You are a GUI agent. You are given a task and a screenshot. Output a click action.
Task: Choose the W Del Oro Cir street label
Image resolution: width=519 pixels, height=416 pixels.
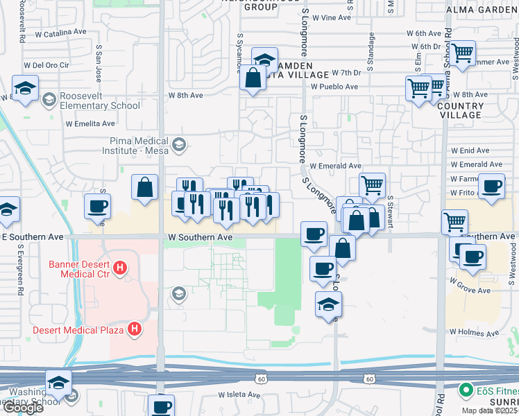point(48,65)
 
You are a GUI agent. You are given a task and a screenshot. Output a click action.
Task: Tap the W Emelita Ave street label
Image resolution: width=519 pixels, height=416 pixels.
point(90,124)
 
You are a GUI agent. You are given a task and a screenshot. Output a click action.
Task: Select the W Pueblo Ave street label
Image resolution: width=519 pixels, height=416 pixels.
point(334,87)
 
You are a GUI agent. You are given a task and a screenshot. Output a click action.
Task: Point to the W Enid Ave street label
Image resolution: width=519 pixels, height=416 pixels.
point(470,150)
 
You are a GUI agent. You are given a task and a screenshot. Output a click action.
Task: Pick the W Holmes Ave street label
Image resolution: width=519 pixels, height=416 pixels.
point(474,333)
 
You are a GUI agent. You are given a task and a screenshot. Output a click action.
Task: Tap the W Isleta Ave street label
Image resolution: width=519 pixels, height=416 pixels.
point(239,395)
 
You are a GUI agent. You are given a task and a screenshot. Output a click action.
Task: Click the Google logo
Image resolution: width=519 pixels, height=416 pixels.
point(22,408)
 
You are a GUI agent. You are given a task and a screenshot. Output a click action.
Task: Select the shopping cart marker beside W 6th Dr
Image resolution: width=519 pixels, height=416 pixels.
point(463,51)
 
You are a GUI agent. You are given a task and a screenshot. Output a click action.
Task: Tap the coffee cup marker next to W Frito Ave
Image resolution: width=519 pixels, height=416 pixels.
point(492,187)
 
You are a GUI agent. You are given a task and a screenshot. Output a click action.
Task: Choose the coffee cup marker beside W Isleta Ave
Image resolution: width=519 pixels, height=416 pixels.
point(162,406)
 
